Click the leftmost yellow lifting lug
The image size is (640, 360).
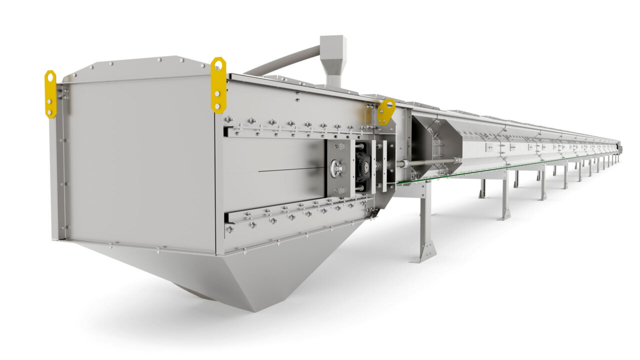[x=50, y=94]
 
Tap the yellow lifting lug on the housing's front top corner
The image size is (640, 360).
[x=218, y=85]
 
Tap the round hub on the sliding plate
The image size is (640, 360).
[x=338, y=168]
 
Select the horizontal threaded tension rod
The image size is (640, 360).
[x=425, y=162]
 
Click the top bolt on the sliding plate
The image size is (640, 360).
[x=339, y=146]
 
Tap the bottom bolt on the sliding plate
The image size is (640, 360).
[x=339, y=190]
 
